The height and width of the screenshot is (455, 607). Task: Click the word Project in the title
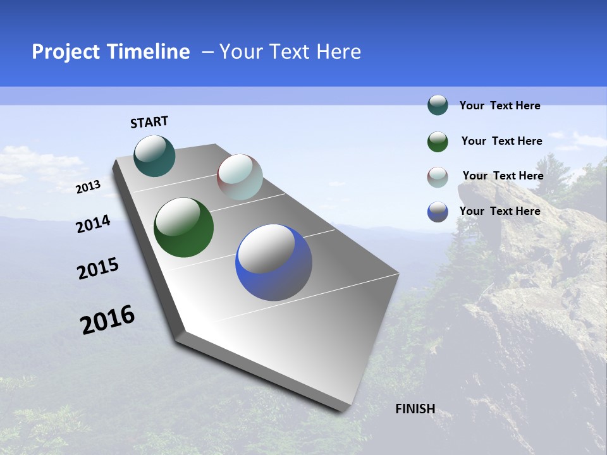(61, 52)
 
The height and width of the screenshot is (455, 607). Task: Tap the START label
(149, 122)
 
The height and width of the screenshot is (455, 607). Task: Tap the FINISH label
(415, 409)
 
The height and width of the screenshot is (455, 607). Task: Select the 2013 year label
(88, 187)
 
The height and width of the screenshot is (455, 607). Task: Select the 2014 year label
(93, 224)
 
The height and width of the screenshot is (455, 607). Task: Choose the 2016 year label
(107, 320)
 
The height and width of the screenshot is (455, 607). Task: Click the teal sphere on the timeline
(155, 155)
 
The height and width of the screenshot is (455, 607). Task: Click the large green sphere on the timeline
(183, 227)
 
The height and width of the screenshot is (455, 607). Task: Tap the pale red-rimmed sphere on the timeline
(240, 176)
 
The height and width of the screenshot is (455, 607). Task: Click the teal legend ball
(438, 105)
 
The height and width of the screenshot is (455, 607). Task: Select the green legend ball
(438, 142)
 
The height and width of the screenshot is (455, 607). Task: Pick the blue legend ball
(438, 212)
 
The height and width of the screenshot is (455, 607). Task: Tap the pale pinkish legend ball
(438, 177)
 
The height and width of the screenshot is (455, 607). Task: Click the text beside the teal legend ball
(500, 106)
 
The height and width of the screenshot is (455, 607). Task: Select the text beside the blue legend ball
(500, 211)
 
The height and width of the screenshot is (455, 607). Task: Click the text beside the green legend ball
(501, 141)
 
